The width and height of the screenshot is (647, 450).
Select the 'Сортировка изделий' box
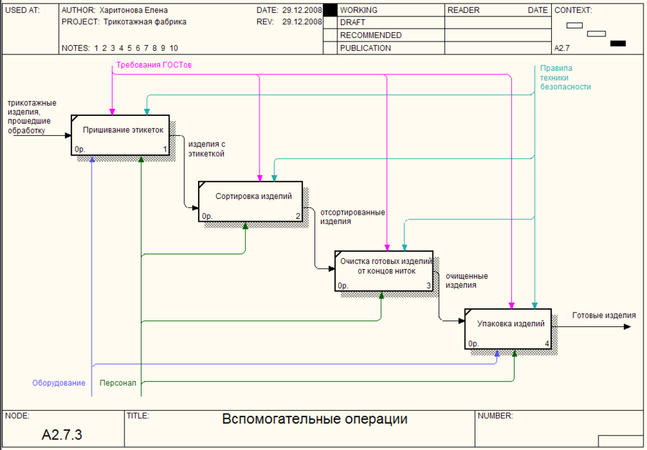250,201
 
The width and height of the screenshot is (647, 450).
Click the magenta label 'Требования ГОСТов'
154,65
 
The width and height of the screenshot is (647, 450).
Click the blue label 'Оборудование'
59,383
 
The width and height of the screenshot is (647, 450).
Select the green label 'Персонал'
118,383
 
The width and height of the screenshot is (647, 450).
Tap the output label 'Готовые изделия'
603,315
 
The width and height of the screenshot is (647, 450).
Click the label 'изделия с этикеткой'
207,148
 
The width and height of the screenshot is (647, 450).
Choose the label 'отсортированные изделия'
352,217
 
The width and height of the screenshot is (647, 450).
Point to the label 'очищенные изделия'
466,280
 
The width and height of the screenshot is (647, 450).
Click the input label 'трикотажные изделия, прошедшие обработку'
31,117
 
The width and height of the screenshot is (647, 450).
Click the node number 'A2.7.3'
61,434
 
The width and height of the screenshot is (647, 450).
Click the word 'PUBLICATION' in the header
365,48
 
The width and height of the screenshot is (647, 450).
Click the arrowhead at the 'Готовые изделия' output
628,327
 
